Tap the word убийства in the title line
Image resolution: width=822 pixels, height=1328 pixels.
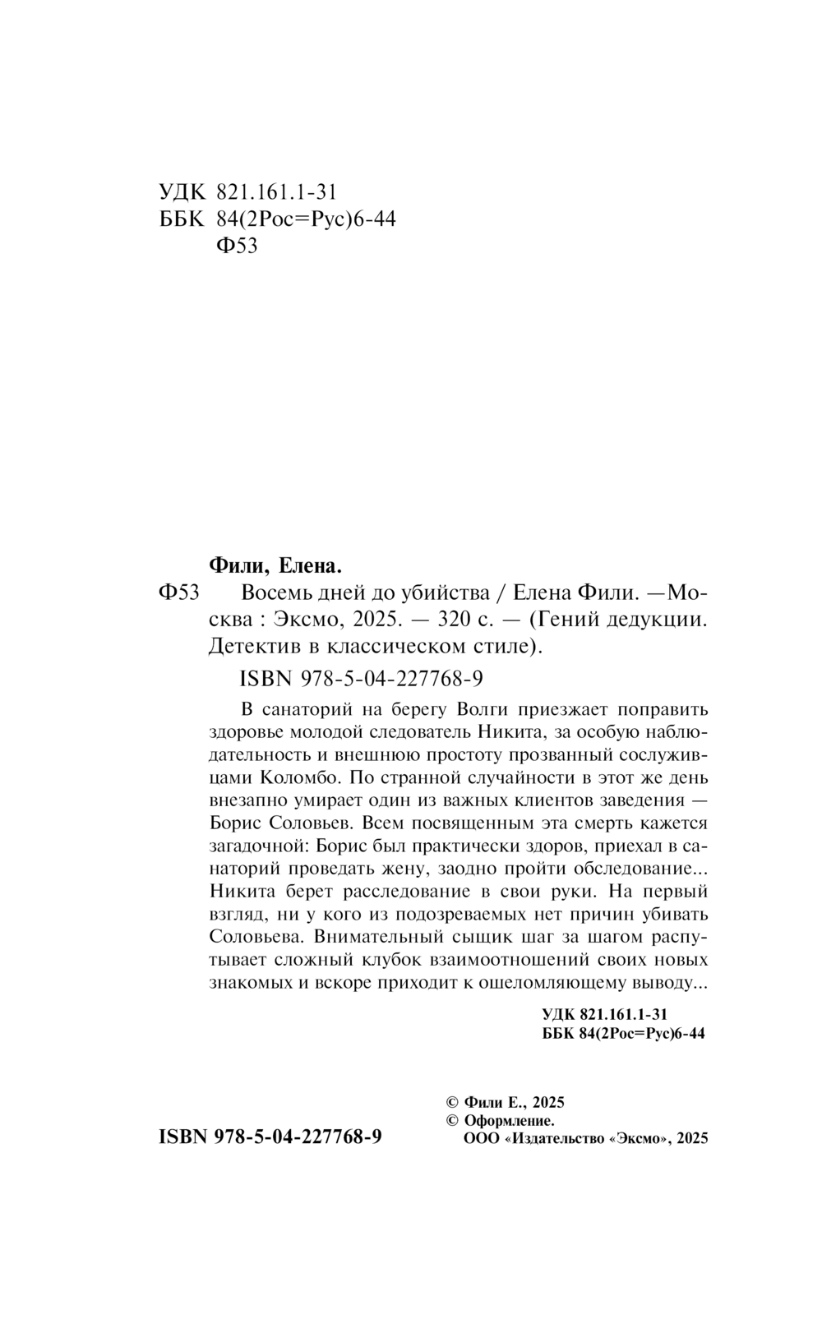click(x=446, y=593)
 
